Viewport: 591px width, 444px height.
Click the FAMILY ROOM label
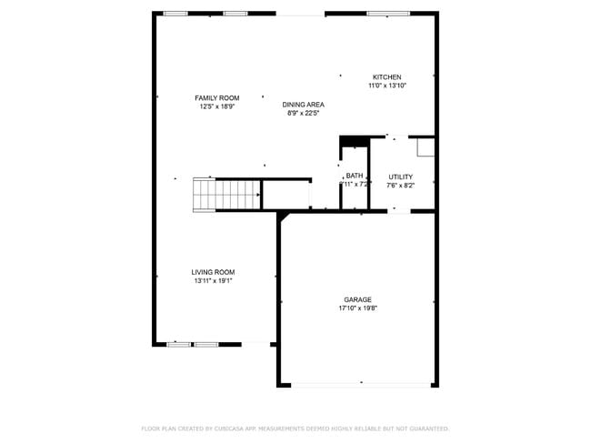pos(217,97)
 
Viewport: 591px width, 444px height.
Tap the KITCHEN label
pos(386,77)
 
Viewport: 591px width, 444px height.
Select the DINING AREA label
pos(303,105)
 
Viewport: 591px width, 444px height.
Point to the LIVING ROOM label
pos(213,272)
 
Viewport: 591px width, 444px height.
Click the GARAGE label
pos(357,299)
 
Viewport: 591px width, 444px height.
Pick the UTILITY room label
pos(400,177)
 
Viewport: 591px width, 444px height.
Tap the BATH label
pos(355,176)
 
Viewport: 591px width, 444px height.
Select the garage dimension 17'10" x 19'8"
pos(357,308)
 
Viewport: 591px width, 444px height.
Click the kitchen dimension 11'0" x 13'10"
pos(386,86)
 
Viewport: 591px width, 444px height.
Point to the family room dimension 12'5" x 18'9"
pos(217,106)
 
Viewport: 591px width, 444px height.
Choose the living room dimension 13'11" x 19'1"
pos(213,281)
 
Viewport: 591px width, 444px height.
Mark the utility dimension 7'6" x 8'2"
pos(400,186)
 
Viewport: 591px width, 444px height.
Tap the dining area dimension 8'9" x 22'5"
pos(306,114)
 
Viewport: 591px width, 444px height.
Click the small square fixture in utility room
pos(425,147)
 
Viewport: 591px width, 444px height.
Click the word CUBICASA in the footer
pos(234,429)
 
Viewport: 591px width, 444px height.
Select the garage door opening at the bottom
pos(360,384)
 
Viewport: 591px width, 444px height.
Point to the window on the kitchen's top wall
pos(388,14)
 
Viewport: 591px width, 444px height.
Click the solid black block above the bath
pos(354,141)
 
